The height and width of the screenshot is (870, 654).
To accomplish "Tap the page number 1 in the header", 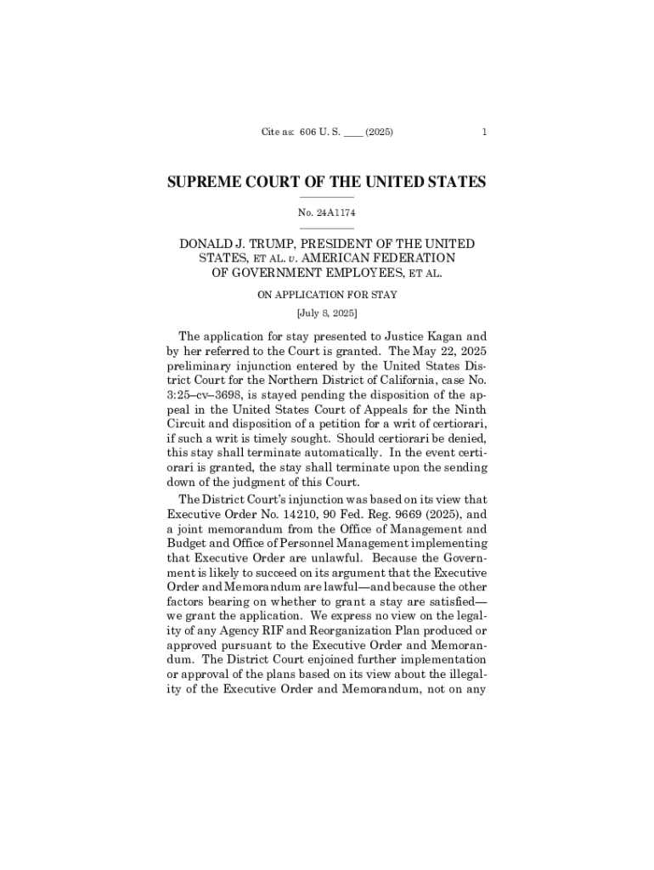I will click(483, 133).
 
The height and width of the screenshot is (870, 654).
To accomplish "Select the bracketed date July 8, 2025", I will click(327, 314).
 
